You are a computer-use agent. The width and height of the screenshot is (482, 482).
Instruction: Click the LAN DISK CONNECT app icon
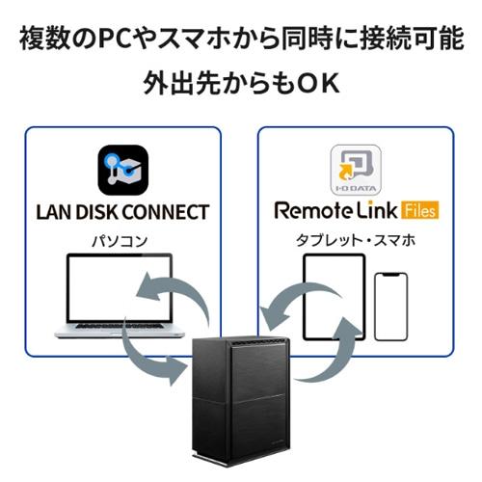[123, 170]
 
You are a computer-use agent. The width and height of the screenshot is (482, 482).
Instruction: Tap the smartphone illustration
[389, 306]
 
